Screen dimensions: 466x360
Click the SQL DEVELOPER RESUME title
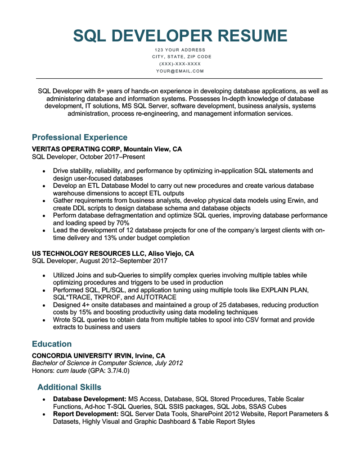pos(180,36)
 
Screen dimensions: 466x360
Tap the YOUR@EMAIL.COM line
pos(180,71)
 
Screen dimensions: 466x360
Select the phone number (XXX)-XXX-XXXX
pos(180,64)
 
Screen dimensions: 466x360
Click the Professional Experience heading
pos(80,137)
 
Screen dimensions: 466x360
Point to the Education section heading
pos(52,344)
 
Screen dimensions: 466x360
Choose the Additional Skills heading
pos(69,387)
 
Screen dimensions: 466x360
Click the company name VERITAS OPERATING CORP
pos(76,149)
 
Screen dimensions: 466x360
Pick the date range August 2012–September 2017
pos(126,261)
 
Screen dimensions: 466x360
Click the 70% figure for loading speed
pos(122,223)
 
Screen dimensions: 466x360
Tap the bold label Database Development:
pos(90,399)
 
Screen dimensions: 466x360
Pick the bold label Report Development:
pos(85,414)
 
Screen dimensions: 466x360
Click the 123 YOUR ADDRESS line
pos(180,50)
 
